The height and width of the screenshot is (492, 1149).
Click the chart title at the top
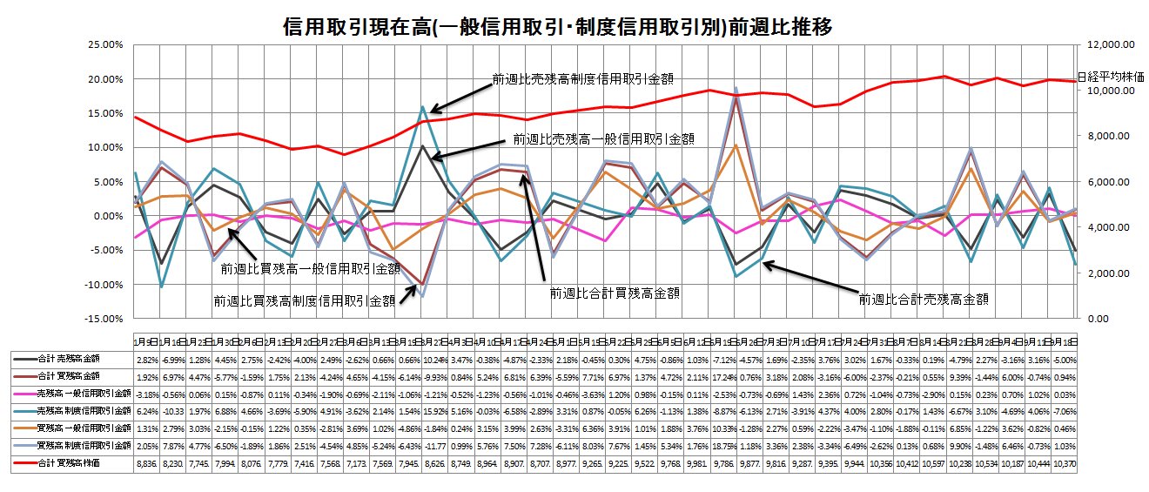[558, 27]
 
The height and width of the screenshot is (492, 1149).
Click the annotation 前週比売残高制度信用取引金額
[567, 78]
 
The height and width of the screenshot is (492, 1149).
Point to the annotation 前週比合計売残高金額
[925, 299]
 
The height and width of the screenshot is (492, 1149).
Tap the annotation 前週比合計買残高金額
[615, 293]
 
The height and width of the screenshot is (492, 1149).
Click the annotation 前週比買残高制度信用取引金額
[304, 300]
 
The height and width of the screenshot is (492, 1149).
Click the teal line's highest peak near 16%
[423, 108]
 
